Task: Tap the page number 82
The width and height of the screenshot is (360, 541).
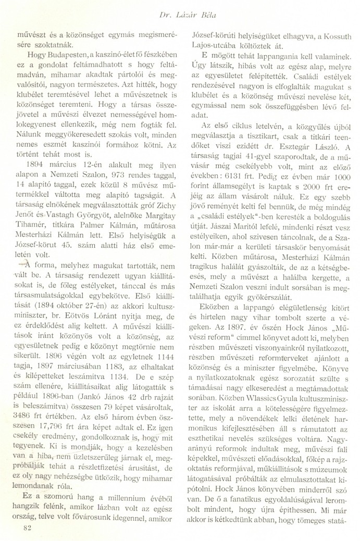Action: click(x=22, y=527)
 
